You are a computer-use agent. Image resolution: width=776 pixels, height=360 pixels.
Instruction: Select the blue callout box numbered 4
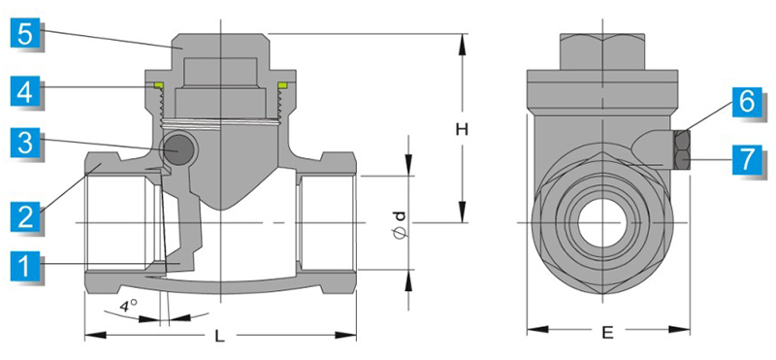[x=25, y=91]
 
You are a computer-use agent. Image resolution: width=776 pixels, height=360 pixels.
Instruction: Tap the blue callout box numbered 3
[x=25, y=143]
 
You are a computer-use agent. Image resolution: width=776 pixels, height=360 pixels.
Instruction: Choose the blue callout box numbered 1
[x=25, y=266]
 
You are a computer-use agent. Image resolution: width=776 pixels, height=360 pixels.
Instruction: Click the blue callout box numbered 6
[x=747, y=102]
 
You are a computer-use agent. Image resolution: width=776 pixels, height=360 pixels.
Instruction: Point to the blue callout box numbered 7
[x=747, y=158]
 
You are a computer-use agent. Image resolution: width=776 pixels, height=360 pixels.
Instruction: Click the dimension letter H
[x=462, y=130]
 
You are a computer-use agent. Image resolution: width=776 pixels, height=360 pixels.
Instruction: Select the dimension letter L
[x=220, y=337]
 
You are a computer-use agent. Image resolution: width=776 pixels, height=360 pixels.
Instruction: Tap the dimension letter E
[x=608, y=333]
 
